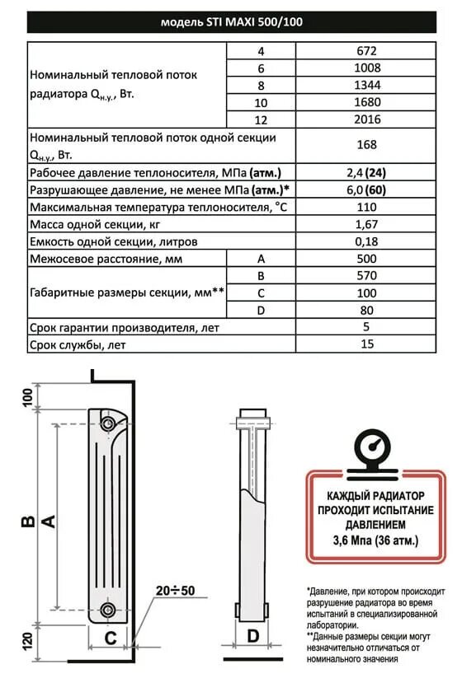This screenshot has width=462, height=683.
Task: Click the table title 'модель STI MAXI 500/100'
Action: pos(230,22)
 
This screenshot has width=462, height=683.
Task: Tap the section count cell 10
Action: pos(260,102)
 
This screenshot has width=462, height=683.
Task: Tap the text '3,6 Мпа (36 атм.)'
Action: pos(368,541)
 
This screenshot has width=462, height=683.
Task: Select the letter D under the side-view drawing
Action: pos(253,635)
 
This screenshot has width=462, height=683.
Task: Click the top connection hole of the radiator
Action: pos(108,423)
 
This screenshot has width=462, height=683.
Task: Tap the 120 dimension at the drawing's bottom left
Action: pos(27,642)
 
